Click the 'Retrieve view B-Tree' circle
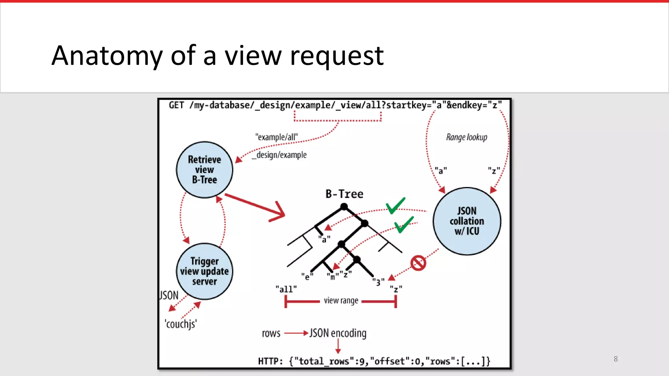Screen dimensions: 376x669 pyautogui.click(x=204, y=170)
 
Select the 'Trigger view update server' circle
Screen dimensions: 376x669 pyautogui.click(x=204, y=271)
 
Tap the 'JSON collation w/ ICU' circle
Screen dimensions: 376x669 pyautogui.click(x=467, y=221)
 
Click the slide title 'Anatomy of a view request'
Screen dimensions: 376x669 pyautogui.click(x=218, y=55)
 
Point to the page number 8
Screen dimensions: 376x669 pyautogui.click(x=616, y=359)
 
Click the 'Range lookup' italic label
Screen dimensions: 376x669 pyautogui.click(x=466, y=137)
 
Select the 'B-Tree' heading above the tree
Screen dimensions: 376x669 pyautogui.click(x=344, y=194)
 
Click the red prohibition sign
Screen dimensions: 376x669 pyautogui.click(x=418, y=263)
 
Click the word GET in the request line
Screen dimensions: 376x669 pyautogui.click(x=176, y=105)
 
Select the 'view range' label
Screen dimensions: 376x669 pyautogui.click(x=341, y=301)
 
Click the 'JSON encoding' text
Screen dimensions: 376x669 pyautogui.click(x=338, y=333)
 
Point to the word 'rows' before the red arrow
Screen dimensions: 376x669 pyautogui.click(x=271, y=333)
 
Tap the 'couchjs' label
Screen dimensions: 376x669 pyautogui.click(x=181, y=324)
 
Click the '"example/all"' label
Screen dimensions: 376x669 pyautogui.click(x=277, y=137)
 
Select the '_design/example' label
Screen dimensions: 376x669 pyautogui.click(x=279, y=155)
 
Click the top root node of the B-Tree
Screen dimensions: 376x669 pyautogui.click(x=344, y=207)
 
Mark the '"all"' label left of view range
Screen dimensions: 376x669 pyautogui.click(x=286, y=289)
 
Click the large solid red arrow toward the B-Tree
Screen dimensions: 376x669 pyautogui.click(x=255, y=206)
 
